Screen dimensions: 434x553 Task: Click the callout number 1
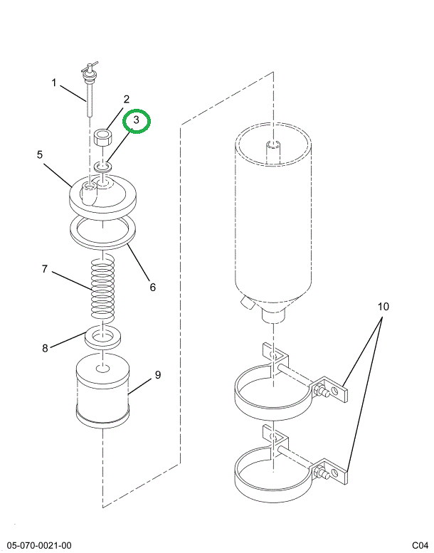click(54, 83)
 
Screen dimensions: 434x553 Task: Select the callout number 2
click(126, 100)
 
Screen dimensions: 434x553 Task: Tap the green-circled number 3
click(137, 120)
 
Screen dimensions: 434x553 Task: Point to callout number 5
click(40, 154)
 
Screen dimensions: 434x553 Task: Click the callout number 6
click(152, 287)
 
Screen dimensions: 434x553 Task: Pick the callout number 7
click(44, 269)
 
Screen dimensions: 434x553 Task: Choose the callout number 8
click(45, 349)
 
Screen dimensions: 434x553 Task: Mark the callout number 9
click(158, 374)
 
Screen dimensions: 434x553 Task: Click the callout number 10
click(383, 307)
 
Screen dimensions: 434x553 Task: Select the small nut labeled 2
click(102, 137)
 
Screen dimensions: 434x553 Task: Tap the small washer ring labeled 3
click(103, 165)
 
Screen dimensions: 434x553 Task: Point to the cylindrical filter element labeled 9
click(103, 391)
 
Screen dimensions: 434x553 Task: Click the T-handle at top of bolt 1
click(89, 68)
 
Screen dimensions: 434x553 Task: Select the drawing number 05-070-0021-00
click(38, 546)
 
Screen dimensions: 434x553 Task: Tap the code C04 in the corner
click(420, 546)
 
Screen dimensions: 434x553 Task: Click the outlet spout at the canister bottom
click(273, 315)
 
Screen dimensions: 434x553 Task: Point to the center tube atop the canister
click(273, 152)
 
